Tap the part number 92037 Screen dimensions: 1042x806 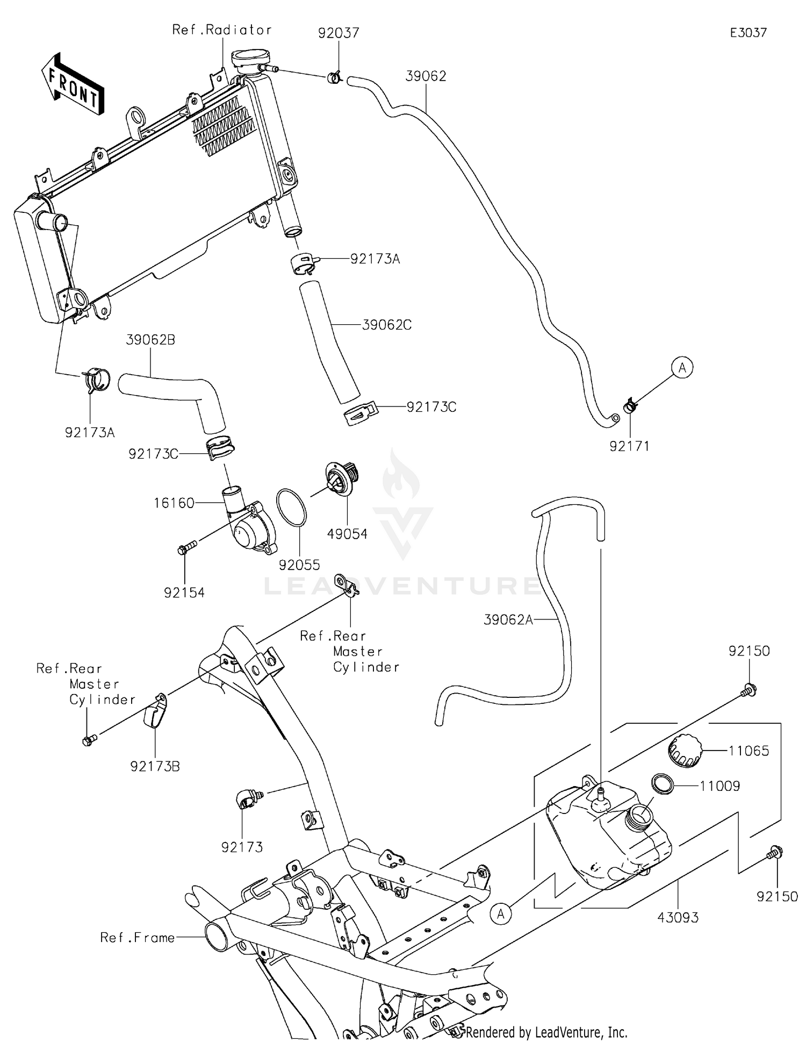tap(338, 33)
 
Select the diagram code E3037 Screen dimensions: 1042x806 tap(748, 33)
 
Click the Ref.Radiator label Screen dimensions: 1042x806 tap(221, 30)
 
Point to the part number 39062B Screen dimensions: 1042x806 tap(150, 340)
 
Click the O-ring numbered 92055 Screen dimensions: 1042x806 tap(291, 508)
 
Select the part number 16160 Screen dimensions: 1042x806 tap(174, 503)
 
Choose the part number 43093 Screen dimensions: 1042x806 tap(678, 917)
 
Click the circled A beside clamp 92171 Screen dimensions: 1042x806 tap(682, 368)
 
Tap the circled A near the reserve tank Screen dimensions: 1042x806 tap(501, 913)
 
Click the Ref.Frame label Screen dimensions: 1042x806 tap(138, 938)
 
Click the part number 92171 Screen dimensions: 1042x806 tap(629, 446)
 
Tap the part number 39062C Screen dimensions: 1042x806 tap(387, 325)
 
